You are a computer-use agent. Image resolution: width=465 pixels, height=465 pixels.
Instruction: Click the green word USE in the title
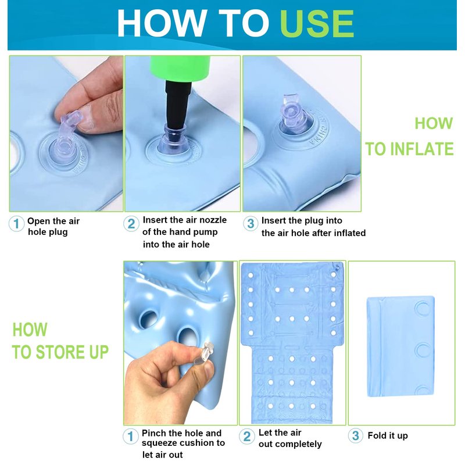click(x=317, y=23)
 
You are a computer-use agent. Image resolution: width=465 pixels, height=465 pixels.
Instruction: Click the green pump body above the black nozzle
click(x=180, y=69)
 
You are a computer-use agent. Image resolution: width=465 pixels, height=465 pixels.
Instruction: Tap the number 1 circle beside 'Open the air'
click(x=16, y=224)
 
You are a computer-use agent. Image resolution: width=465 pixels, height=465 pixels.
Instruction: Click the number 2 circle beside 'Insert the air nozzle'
click(x=131, y=224)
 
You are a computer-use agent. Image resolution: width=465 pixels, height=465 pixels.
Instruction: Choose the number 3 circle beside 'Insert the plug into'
click(x=251, y=224)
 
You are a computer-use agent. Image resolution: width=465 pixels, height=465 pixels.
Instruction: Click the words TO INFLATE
click(x=409, y=149)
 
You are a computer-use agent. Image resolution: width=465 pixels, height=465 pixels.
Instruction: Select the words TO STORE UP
click(x=60, y=352)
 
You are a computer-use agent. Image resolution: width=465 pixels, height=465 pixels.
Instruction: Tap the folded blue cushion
click(x=400, y=346)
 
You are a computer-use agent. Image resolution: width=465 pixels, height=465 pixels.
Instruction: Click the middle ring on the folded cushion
click(x=423, y=350)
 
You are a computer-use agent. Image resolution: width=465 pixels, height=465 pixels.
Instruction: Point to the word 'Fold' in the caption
click(x=377, y=435)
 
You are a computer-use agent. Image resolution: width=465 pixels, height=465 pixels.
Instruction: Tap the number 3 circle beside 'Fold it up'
click(x=356, y=435)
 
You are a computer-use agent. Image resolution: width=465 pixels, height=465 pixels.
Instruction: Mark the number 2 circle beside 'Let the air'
click(x=247, y=437)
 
